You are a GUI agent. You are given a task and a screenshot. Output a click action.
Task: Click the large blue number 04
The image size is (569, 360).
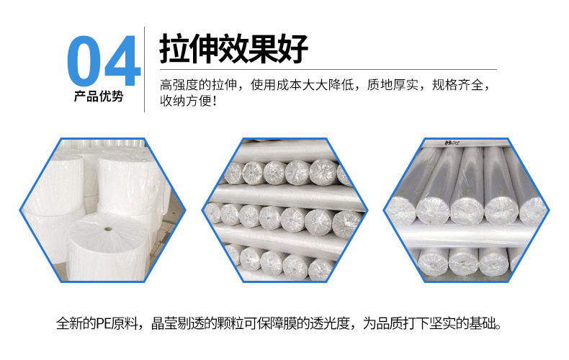[x=104, y=60]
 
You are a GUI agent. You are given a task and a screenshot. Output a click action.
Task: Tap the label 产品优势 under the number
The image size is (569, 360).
[x=99, y=96]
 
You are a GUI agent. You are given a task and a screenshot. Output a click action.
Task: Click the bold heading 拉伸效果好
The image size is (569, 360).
[x=233, y=49]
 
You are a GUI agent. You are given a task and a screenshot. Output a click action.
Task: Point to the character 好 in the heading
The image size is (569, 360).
[x=293, y=49]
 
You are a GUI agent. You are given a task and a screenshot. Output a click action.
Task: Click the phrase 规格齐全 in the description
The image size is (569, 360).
[x=457, y=84]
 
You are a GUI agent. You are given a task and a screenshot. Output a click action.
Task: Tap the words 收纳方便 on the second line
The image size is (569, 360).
[x=185, y=101]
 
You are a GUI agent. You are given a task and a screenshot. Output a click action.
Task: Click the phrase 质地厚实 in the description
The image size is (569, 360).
[x=393, y=84]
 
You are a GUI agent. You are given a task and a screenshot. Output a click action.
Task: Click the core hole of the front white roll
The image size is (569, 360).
[x=108, y=229]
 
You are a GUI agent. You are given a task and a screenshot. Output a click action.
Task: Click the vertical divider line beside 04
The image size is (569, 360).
[x=145, y=69]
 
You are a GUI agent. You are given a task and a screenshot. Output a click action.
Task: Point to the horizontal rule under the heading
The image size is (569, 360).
[x=328, y=69]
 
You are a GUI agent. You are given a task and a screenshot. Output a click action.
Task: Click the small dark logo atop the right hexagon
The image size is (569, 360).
[x=452, y=143]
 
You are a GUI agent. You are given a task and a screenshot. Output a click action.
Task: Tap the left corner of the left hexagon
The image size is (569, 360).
[x=19, y=210]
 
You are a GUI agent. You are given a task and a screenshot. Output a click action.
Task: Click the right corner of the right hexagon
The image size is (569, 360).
[x=550, y=210]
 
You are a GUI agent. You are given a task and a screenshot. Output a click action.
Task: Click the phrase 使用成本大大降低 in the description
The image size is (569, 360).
[x=302, y=84]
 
